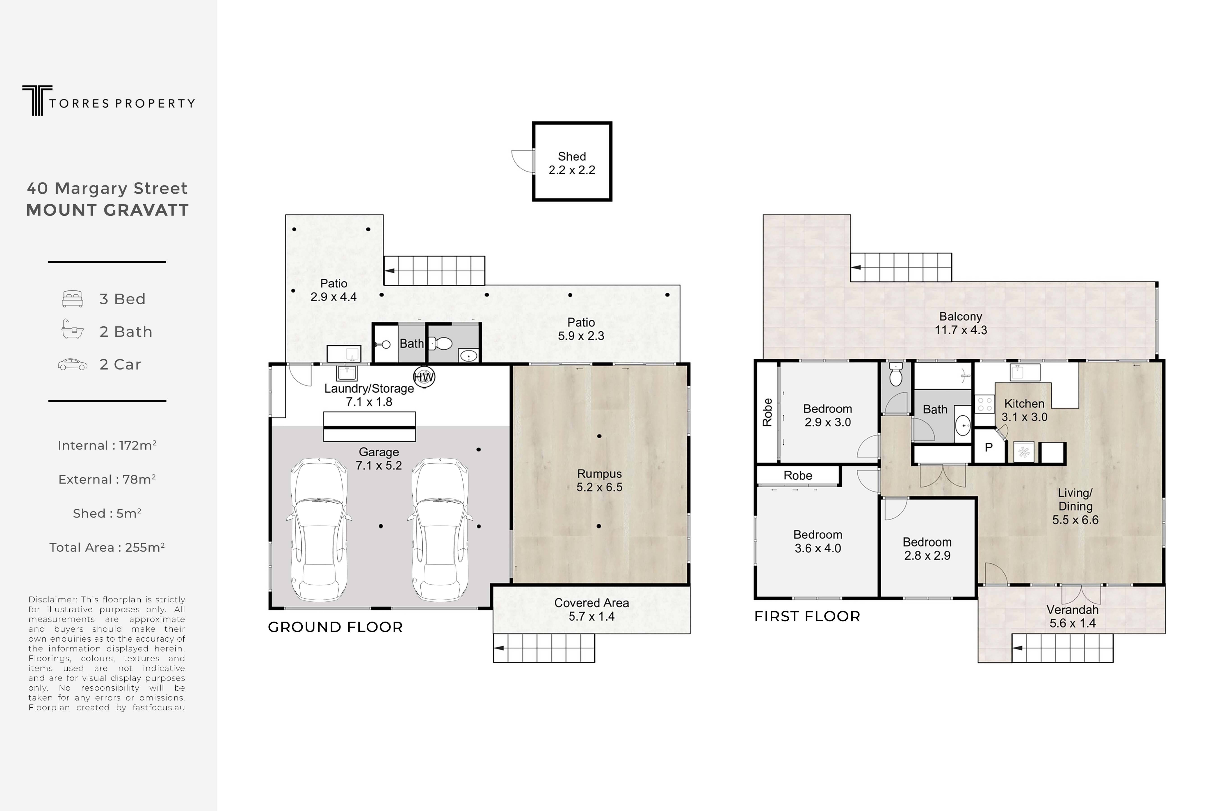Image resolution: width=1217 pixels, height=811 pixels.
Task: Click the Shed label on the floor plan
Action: tap(571, 163)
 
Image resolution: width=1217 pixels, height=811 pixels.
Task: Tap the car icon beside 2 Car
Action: tap(72, 365)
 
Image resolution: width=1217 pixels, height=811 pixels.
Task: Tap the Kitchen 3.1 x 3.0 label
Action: tap(1024, 410)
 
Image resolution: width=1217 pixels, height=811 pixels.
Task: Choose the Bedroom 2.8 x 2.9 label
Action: tap(927, 549)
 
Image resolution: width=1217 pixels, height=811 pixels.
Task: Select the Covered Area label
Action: tap(591, 609)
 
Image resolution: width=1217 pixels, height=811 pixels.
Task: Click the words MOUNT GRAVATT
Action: tap(107, 210)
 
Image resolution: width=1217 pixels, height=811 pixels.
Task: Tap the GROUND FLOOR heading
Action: tap(335, 627)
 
